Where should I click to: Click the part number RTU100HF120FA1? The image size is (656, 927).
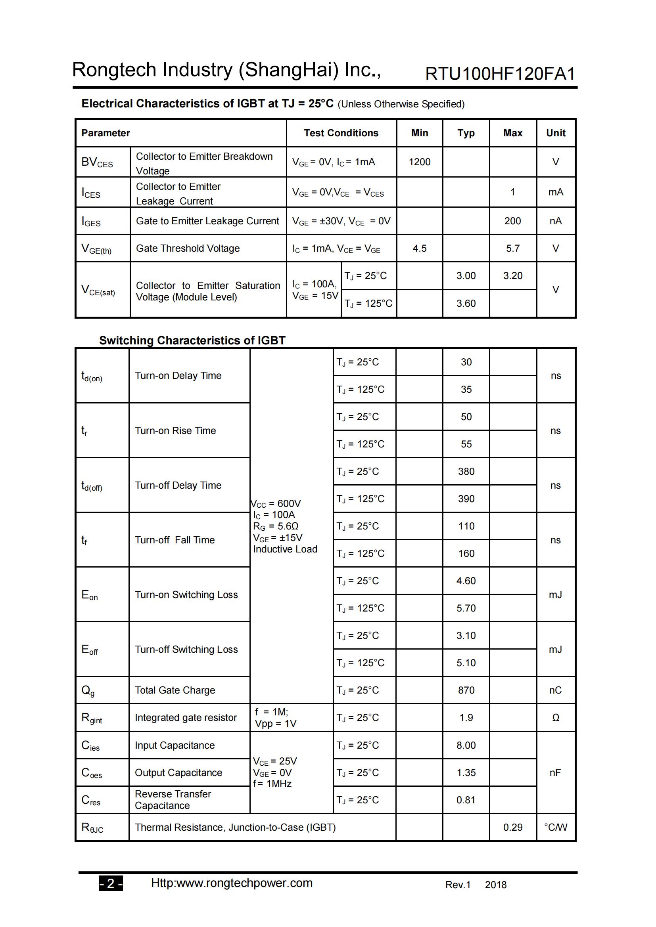click(500, 73)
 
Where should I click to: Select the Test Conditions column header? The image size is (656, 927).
click(341, 133)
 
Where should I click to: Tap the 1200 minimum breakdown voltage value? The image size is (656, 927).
click(419, 162)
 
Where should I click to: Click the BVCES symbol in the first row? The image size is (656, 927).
click(97, 162)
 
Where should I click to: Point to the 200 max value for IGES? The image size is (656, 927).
click(512, 221)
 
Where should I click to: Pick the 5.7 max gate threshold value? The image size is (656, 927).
click(512, 248)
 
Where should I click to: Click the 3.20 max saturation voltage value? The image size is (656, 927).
click(512, 276)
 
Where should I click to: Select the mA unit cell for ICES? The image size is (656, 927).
click(555, 192)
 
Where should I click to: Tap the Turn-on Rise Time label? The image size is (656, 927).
click(175, 430)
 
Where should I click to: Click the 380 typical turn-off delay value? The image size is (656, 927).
click(466, 471)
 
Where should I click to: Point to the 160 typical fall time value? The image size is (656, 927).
click(466, 553)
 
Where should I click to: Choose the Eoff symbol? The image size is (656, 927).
click(90, 650)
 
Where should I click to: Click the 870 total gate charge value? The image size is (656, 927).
click(466, 690)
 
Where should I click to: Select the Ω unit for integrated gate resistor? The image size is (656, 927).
click(555, 717)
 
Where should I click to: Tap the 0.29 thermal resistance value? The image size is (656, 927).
click(512, 827)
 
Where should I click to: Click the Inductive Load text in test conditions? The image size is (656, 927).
click(285, 549)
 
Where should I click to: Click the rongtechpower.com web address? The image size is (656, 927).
click(232, 883)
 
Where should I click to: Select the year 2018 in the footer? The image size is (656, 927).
click(495, 885)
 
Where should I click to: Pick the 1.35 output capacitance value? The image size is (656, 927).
click(466, 772)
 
